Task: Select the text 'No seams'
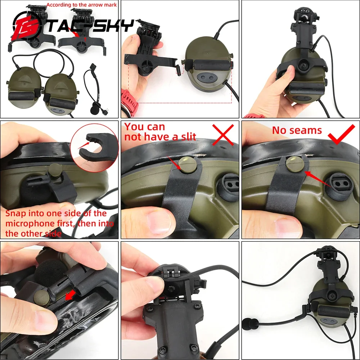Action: click(x=297, y=130)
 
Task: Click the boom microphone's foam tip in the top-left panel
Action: click(x=94, y=107)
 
